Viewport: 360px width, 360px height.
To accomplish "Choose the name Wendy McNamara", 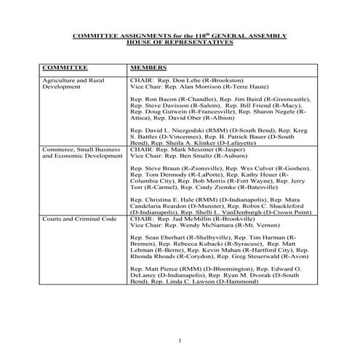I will [197, 224].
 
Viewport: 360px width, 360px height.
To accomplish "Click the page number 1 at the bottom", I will [180, 340].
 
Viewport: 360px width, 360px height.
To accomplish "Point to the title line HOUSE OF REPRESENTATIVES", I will [180, 41].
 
